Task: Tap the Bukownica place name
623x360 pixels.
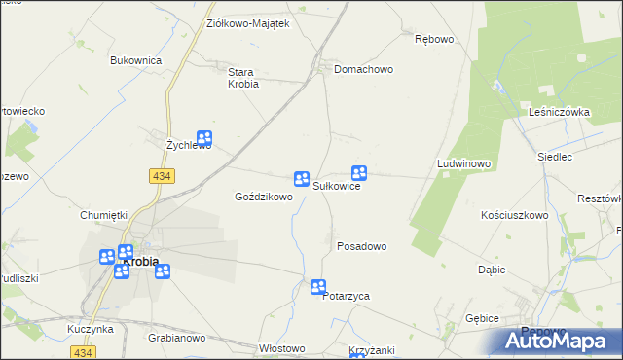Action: pyautogui.click(x=135, y=60)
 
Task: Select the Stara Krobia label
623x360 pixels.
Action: pyautogui.click(x=242, y=78)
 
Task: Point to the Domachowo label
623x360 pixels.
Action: pyautogui.click(x=363, y=70)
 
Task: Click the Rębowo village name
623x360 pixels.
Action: pyautogui.click(x=434, y=40)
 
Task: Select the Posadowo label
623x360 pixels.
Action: pyautogui.click(x=361, y=246)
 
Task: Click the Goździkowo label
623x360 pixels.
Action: pyautogui.click(x=264, y=197)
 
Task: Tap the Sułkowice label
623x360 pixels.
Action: pyautogui.click(x=337, y=186)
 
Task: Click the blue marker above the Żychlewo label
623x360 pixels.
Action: pyautogui.click(x=204, y=139)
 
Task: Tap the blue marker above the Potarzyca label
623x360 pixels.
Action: pyautogui.click(x=318, y=286)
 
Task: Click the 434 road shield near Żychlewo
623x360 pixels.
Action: pyautogui.click(x=162, y=175)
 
